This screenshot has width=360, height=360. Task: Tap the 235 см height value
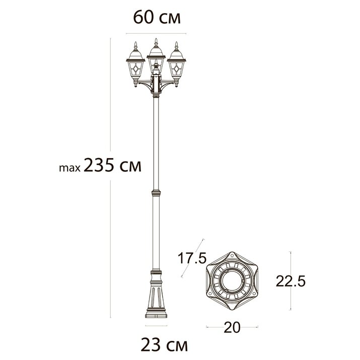click(x=112, y=165)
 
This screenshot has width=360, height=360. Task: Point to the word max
click(x=69, y=168)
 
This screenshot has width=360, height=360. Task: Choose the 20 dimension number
click(x=232, y=327)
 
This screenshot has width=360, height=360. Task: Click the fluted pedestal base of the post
click(x=156, y=297)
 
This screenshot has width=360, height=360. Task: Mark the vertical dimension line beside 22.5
click(x=292, y=280)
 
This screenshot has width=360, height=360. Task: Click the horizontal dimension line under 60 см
click(x=156, y=33)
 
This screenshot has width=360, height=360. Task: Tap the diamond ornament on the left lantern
click(x=134, y=68)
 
